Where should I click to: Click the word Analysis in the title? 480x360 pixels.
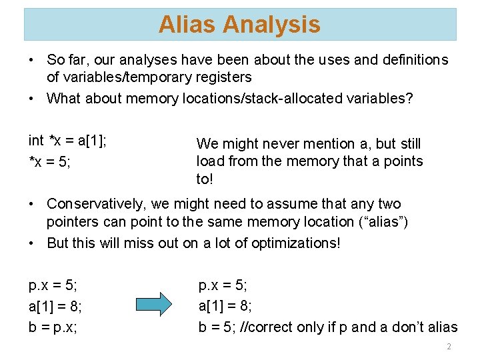(x=271, y=25)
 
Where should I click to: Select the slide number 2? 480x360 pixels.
(x=449, y=347)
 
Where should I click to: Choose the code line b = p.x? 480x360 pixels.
(x=53, y=327)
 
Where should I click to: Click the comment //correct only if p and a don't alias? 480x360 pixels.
(x=353, y=327)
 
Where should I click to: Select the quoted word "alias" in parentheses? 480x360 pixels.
(x=384, y=221)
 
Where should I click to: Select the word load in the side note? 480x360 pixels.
(x=209, y=161)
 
